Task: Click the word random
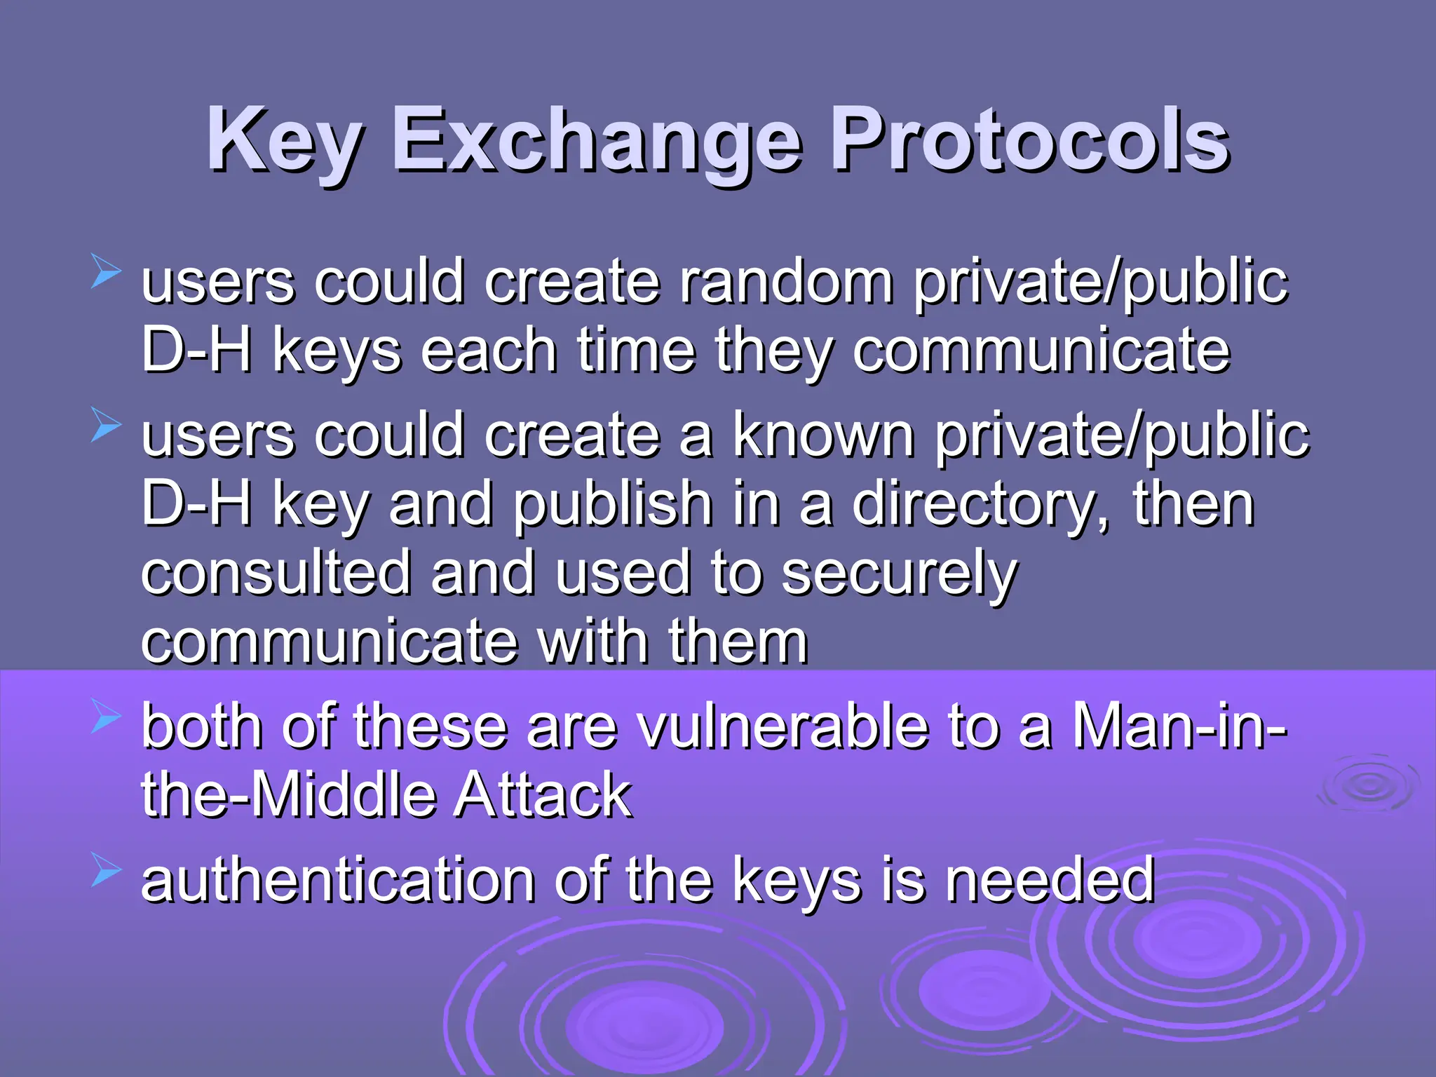[x=786, y=282]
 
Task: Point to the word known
[x=823, y=435]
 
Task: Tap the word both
[x=202, y=726]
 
